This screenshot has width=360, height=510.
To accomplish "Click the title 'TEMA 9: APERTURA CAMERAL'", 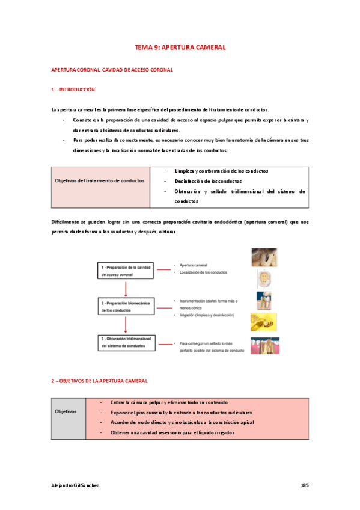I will click(180, 47).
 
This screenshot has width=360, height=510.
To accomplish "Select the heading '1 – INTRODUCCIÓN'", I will click(73, 90).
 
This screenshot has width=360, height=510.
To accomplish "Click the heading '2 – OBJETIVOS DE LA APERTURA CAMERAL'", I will click(99, 381).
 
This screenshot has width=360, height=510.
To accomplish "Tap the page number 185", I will click(304, 485).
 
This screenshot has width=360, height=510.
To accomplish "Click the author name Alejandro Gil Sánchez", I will click(75, 485).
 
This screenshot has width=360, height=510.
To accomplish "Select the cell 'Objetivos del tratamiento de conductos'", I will click(100, 180).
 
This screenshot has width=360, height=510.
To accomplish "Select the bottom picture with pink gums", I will click(265, 345).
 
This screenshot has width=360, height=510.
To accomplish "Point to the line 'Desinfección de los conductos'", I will click(208, 181).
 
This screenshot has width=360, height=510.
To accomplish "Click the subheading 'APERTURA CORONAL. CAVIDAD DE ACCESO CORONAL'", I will click(112, 70).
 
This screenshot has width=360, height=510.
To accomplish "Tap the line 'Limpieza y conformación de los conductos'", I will click(221, 171).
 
